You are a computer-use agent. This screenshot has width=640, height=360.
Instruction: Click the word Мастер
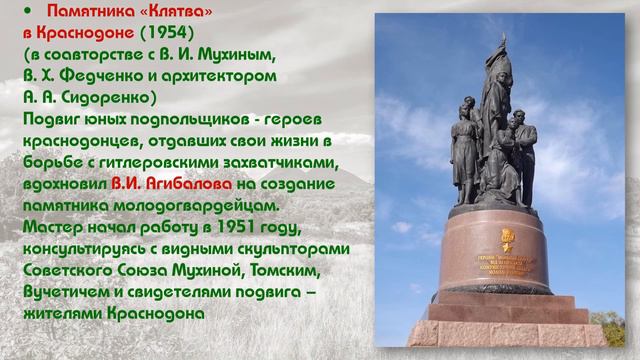point(52,228)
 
